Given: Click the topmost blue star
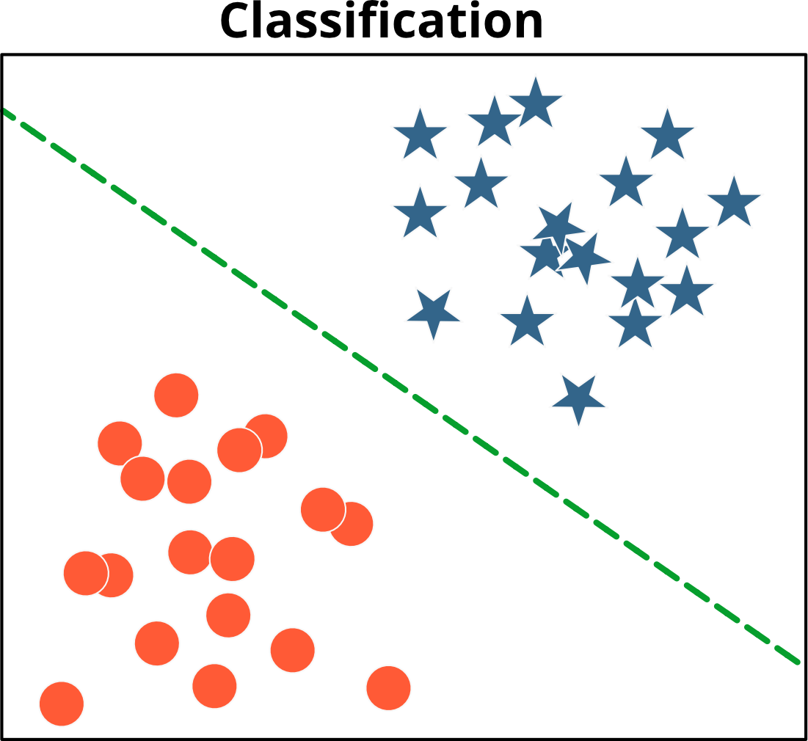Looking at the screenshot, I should pos(536,104).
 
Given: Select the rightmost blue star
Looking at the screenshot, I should pos(734,202).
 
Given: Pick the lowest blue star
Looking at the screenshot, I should pos(578,398).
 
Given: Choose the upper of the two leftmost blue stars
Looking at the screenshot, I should pos(420,136).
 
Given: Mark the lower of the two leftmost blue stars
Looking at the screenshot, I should pos(420,214).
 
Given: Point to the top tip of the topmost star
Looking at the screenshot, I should pos(536,74).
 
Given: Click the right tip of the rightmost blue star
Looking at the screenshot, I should pos(763,195).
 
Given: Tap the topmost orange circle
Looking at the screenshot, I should pos(176,395).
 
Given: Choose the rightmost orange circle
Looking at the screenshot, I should pos(388,687).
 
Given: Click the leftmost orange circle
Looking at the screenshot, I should pos(62,704).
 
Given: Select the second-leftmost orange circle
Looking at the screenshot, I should pos(86,573).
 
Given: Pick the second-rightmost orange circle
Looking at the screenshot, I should pos(351,524).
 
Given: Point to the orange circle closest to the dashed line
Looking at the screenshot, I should pos(351,524).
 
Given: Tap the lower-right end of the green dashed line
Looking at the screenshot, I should pos(798,662).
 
